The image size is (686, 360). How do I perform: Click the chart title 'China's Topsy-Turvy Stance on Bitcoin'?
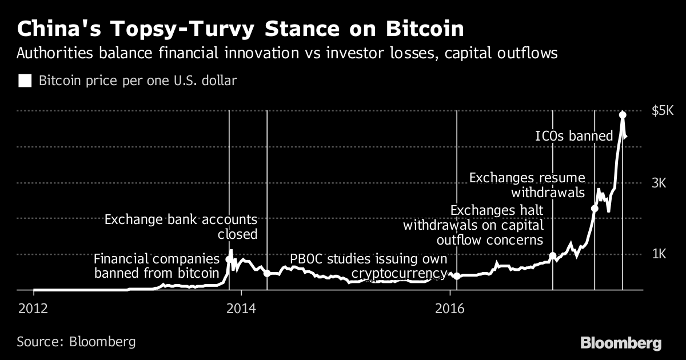tap(240, 29)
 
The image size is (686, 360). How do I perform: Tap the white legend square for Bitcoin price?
tap(25, 81)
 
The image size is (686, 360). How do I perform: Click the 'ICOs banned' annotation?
tap(573, 136)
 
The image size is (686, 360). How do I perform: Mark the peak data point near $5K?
tap(623, 115)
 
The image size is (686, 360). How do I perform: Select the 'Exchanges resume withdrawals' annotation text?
tap(527, 184)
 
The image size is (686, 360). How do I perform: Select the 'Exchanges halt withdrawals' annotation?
tap(473, 225)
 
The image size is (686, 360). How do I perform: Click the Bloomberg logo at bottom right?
tap(621, 343)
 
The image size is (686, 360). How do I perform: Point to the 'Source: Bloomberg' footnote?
tap(76, 342)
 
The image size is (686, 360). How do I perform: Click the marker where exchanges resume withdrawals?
tap(595, 209)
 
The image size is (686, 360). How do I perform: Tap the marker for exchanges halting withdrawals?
tap(553, 256)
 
